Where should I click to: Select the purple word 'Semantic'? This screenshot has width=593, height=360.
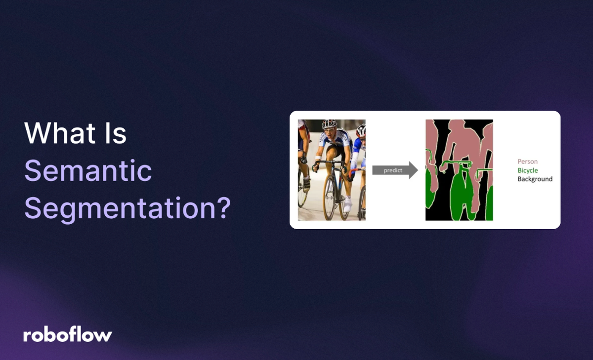tap(88, 171)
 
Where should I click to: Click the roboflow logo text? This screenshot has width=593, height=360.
tap(68, 335)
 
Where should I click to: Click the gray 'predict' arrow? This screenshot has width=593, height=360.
tap(394, 170)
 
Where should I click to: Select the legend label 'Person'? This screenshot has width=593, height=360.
tap(527, 161)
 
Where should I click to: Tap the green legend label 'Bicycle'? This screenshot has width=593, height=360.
tap(527, 170)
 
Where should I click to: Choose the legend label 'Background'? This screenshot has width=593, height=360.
tap(535, 179)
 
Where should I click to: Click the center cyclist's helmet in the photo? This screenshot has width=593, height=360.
tap(329, 123)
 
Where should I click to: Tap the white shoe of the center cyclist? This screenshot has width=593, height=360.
tap(348, 204)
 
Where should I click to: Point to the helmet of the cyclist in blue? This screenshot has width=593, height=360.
tap(361, 130)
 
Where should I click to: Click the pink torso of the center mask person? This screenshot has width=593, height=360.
tap(460, 143)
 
